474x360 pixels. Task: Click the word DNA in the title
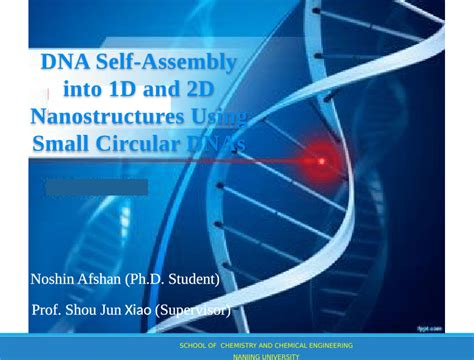click(x=63, y=64)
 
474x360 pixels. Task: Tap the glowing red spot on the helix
click(x=322, y=158)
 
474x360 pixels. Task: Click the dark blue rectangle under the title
click(x=96, y=187)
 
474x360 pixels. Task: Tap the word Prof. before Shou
click(x=49, y=310)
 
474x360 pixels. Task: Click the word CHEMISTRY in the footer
click(x=230, y=345)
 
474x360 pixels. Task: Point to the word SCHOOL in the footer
click(x=193, y=345)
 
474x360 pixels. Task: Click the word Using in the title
click(x=215, y=117)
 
